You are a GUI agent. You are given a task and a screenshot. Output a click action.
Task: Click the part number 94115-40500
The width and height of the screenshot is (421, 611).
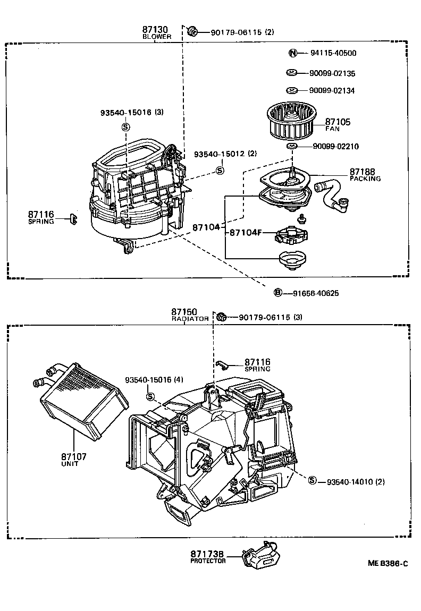click(333, 53)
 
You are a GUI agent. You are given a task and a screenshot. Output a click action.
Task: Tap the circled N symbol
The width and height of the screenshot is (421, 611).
click(292, 53)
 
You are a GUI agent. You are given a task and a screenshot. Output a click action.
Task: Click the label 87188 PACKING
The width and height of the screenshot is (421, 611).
click(365, 175)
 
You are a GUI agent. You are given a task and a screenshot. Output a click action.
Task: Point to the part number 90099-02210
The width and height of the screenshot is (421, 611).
click(334, 147)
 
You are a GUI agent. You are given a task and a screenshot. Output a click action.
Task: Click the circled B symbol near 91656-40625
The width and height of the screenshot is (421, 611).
click(277, 293)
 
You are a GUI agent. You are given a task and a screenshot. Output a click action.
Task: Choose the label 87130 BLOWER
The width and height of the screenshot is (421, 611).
click(156, 32)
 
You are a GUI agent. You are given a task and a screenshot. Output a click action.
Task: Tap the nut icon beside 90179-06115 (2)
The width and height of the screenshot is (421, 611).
click(192, 32)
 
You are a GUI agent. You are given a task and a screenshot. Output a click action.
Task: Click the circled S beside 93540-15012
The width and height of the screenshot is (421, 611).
click(220, 170)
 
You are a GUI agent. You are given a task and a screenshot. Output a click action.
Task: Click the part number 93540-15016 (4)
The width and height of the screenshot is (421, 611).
click(154, 380)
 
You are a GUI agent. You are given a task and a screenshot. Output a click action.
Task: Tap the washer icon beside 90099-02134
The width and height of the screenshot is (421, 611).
click(291, 90)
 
